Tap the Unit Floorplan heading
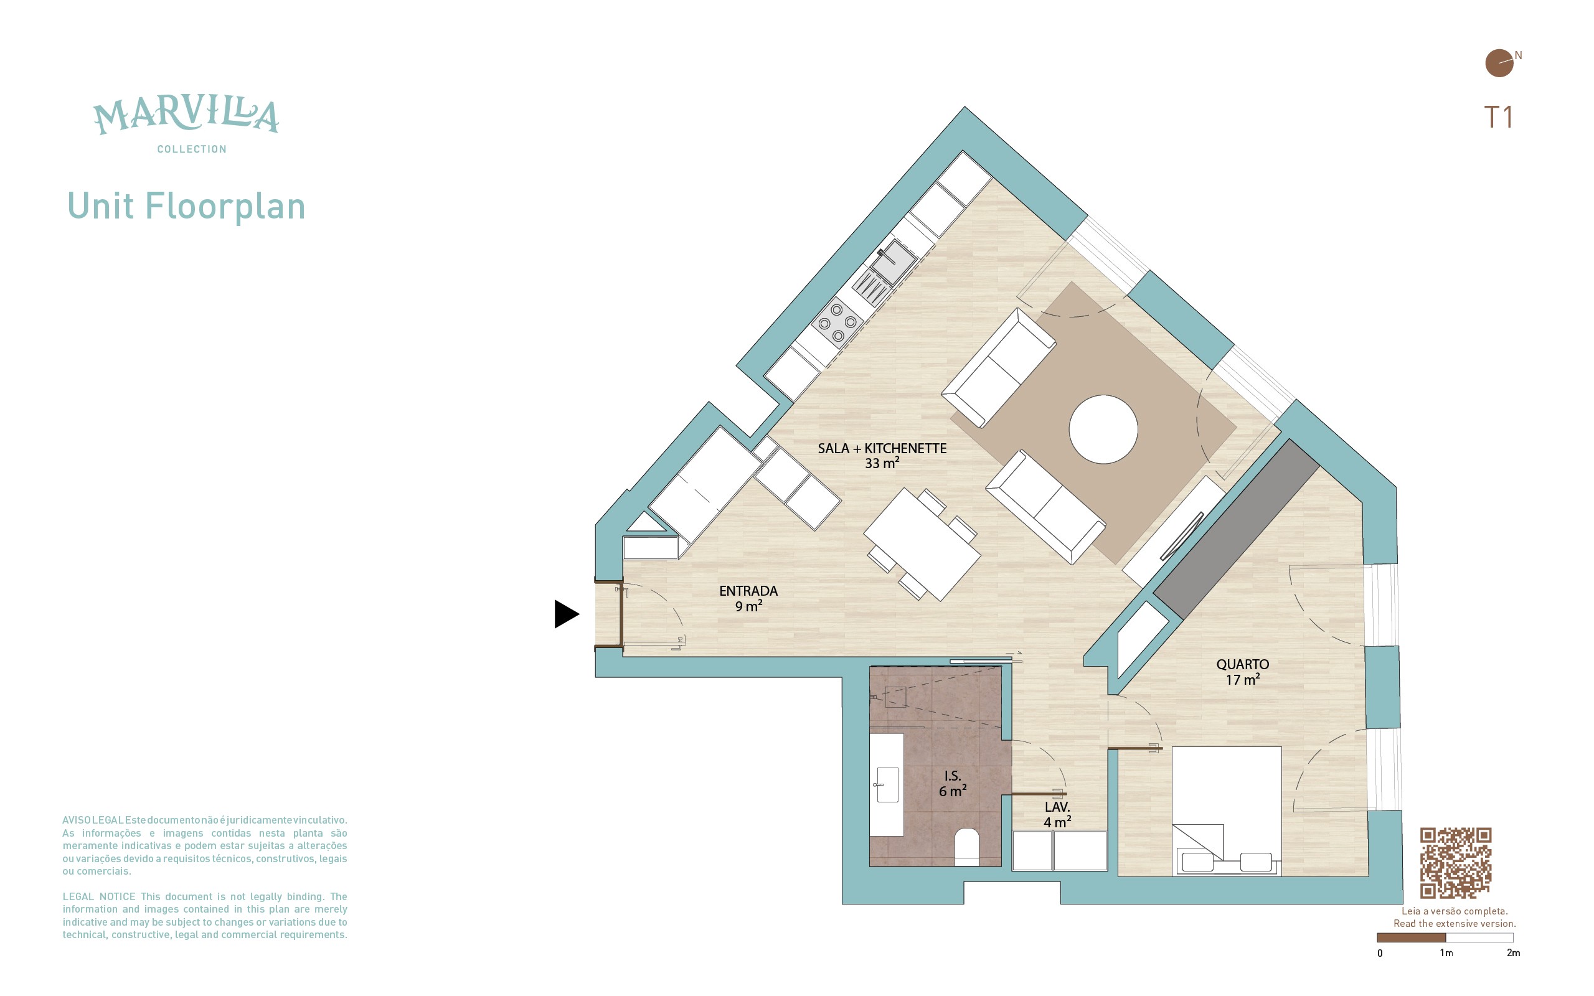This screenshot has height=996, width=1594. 186,207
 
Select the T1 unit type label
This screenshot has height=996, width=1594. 1498,117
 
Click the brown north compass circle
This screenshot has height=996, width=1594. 1499,63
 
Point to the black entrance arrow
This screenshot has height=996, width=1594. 567,614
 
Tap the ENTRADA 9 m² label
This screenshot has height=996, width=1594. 748,598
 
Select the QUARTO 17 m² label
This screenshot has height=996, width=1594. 1242,672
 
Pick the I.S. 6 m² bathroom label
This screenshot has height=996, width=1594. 953,783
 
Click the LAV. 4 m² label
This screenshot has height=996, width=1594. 1057,814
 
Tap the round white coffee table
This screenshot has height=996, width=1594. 1103,429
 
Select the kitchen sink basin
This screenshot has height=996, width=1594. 895,261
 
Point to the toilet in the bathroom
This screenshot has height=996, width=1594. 967,847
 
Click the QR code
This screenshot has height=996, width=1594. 1455,863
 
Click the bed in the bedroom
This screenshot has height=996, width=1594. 1227,811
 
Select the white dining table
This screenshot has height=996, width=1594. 922,544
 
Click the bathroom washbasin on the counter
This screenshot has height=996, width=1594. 887,784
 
